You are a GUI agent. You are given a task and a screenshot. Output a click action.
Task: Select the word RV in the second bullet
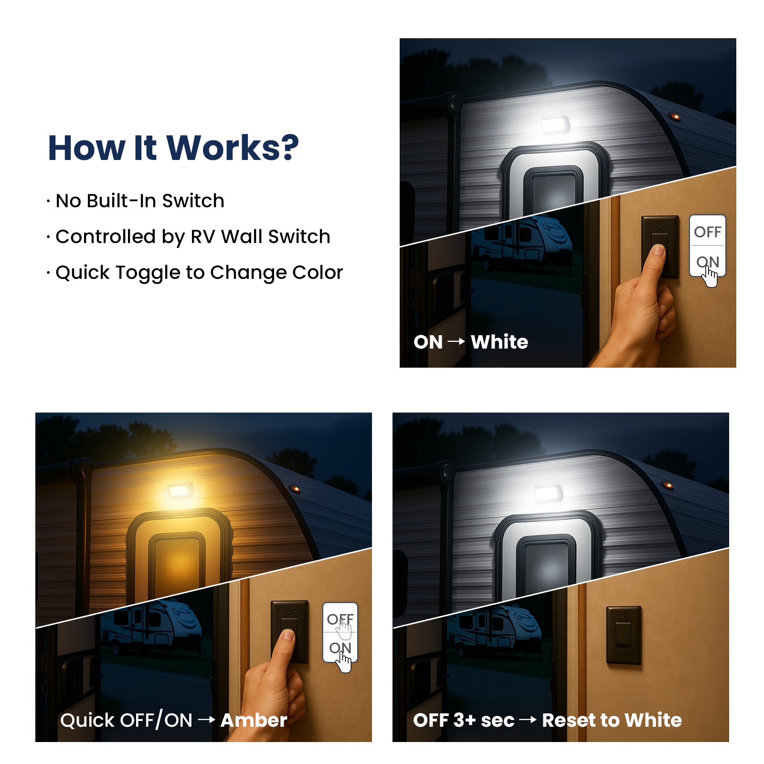(x=203, y=236)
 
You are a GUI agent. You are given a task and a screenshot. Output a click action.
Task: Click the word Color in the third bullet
(x=318, y=272)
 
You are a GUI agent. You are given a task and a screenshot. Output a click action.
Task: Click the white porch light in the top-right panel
(x=555, y=126)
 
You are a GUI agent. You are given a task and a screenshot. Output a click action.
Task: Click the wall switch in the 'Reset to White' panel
(x=624, y=635)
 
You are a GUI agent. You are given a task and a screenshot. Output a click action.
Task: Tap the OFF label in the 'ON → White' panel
(x=707, y=232)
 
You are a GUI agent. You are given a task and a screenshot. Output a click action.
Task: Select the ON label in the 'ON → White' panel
(x=707, y=262)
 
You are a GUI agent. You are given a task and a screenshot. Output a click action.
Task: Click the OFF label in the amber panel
(x=340, y=619)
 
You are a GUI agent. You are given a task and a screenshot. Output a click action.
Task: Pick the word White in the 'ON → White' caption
(x=499, y=342)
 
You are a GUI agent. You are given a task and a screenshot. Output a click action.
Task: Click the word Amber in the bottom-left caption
(x=254, y=720)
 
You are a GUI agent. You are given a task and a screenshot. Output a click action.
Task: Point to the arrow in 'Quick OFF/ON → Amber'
(x=206, y=720)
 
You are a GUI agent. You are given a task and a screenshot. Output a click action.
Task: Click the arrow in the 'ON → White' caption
(x=456, y=341)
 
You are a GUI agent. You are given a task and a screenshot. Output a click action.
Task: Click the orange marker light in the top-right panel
(x=674, y=117)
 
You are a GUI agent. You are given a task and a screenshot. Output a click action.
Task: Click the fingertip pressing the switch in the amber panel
(x=287, y=634)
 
